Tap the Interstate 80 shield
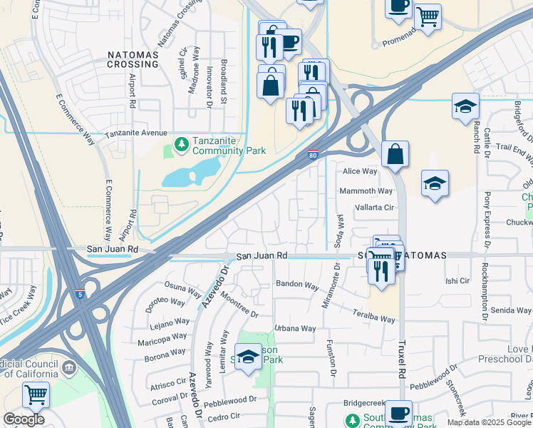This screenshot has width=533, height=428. pos(313,153)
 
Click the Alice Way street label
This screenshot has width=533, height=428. pos(360,171)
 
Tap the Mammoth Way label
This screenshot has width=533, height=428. pos(366,191)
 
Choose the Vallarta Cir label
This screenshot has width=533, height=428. pos(374,208)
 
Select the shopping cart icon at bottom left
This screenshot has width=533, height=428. pos(35,393)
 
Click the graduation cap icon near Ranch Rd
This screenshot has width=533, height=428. pos(465,106)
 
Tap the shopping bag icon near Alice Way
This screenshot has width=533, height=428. pos(395,153)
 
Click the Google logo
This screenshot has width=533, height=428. pos(24,419)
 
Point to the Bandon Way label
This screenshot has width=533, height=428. pos(296,285)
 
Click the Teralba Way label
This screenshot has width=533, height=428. pos(373,316)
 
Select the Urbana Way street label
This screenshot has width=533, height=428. pos(295,329)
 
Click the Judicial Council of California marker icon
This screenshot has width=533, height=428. pos(69,367)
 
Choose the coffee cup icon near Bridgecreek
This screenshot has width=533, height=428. pos(398,412)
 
